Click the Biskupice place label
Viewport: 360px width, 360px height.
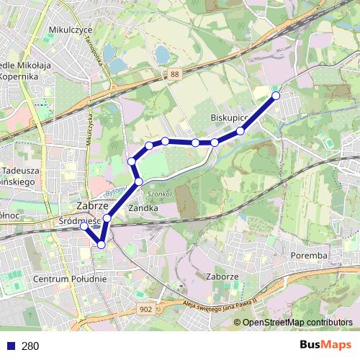pos(230,117)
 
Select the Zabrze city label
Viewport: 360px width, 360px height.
pos(92,205)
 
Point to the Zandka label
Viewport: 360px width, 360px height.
pos(143,207)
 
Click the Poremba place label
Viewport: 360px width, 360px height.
pos(310,255)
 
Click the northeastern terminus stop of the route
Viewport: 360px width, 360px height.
pos(275,96)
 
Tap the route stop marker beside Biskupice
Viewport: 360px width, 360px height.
pos(240,130)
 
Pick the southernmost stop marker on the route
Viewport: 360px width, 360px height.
pos(101,245)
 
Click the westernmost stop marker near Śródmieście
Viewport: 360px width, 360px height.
pos(84,226)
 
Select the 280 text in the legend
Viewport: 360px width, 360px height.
pos(30,346)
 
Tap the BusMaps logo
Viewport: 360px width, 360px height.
pos(325,345)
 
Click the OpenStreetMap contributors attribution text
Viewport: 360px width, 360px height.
pos(297,322)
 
